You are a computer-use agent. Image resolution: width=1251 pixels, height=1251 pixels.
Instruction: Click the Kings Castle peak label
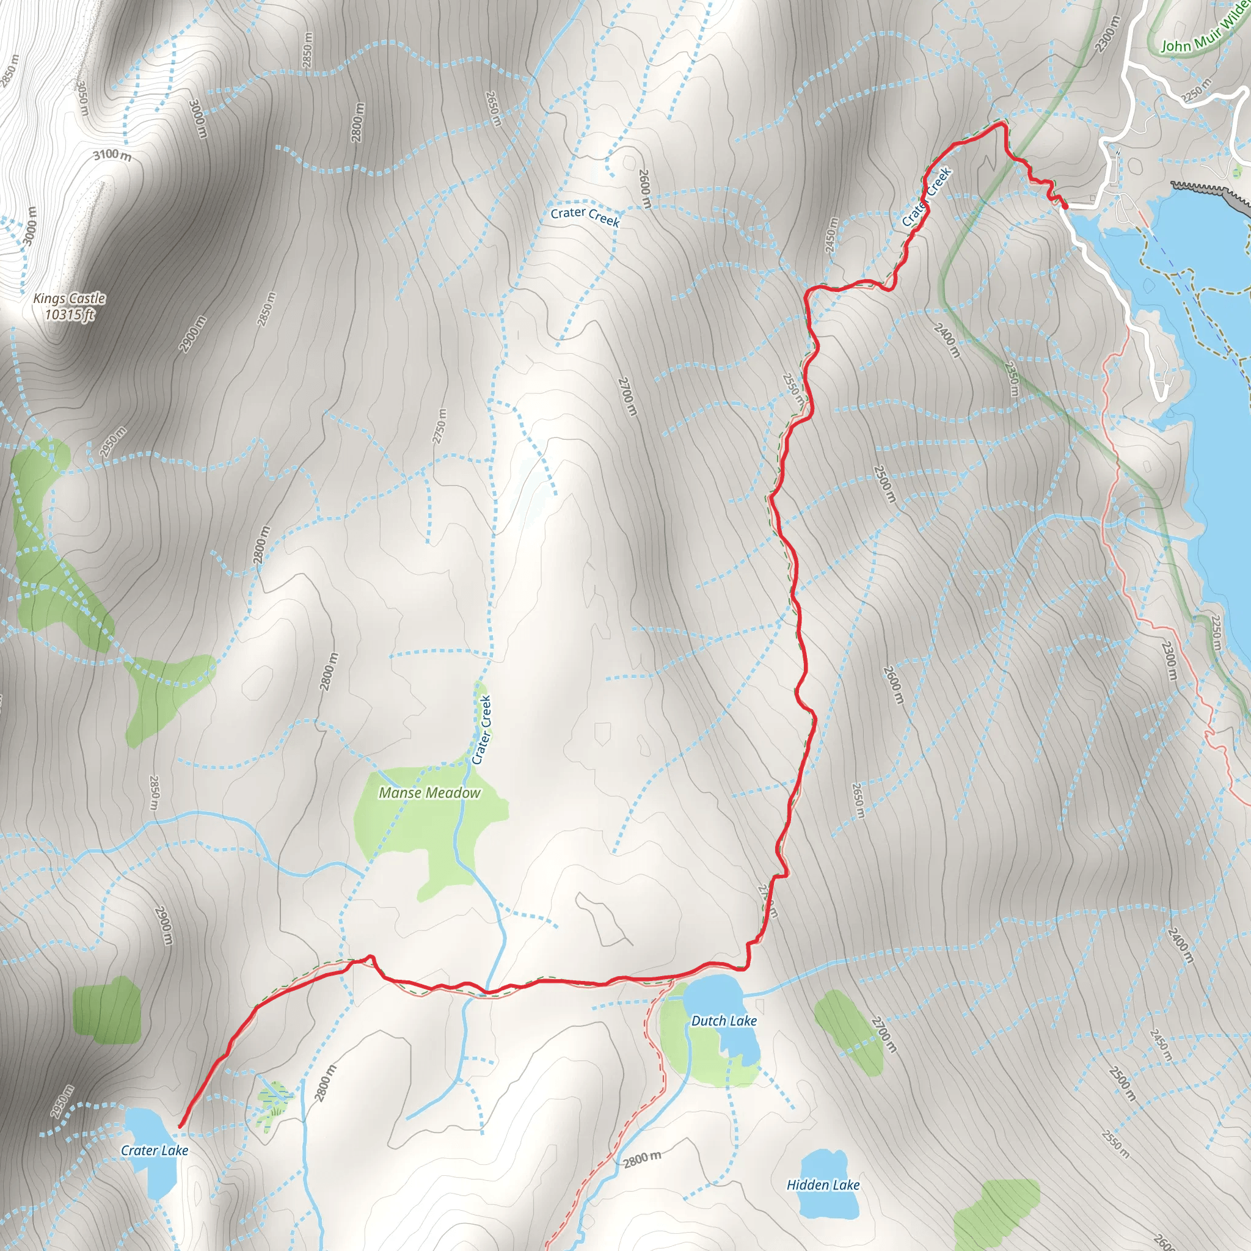[69, 299]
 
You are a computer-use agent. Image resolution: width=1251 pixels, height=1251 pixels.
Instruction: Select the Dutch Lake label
[724, 1021]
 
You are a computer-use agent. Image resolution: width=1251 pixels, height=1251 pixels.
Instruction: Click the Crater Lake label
[155, 1151]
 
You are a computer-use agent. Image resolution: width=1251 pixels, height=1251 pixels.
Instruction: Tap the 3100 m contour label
[112, 155]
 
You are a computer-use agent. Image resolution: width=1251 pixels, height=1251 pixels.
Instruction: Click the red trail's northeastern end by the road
[1065, 206]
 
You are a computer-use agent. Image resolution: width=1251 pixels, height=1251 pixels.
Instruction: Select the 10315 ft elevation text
[70, 315]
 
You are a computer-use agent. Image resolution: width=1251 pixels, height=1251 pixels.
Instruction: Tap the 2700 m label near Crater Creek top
[627, 396]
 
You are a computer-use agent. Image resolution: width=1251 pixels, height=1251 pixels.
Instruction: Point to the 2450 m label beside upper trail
[831, 235]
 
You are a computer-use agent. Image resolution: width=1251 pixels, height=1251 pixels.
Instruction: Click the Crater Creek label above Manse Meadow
[482, 730]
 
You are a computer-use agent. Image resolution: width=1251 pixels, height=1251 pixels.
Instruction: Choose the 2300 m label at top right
[1107, 34]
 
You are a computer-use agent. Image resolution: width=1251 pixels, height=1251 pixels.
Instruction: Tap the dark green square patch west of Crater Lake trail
[107, 1011]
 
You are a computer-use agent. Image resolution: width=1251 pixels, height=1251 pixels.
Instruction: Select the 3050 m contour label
[82, 98]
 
